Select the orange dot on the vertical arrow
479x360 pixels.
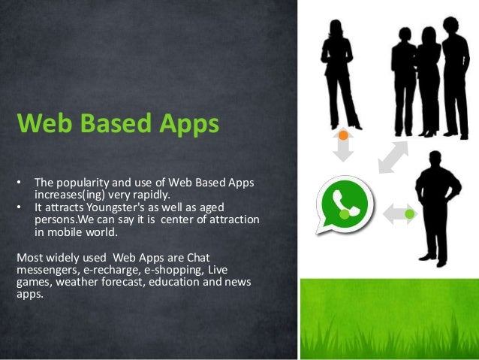pyautogui.click(x=343, y=135)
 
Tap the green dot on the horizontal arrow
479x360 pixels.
pyautogui.click(x=408, y=215)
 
